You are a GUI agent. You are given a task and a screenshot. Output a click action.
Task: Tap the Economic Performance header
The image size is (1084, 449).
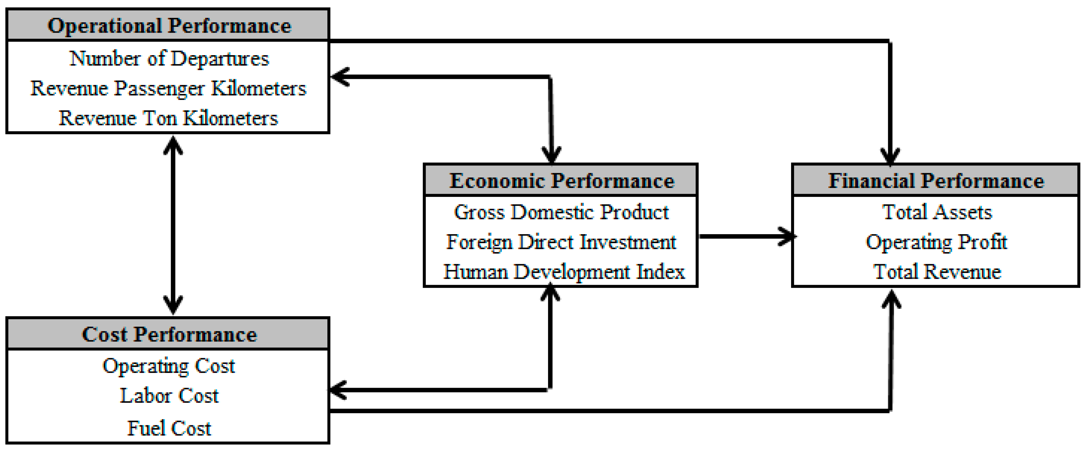coord(561,181)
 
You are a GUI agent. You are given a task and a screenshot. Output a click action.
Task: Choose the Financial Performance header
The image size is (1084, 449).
coord(936,181)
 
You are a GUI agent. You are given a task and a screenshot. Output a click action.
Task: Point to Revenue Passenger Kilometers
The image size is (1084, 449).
coord(168,88)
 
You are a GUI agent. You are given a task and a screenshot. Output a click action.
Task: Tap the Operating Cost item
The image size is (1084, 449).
coord(169,366)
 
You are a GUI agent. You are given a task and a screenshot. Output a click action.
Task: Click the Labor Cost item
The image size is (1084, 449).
coord(169,396)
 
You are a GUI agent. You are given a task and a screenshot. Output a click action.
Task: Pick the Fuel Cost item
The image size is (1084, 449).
coord(169,428)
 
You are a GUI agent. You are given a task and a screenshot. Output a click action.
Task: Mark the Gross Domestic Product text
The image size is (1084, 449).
coord(561,212)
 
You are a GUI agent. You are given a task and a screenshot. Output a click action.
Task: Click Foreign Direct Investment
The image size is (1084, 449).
coord(561,242)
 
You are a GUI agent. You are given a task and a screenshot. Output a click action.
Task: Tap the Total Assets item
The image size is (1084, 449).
coord(937,212)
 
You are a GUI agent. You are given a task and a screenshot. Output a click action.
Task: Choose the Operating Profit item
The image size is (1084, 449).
coord(936,242)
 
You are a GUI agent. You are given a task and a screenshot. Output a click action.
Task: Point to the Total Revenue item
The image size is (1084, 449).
coord(937,272)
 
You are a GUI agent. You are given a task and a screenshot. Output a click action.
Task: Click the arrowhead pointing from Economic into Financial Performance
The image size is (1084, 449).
coord(786,236)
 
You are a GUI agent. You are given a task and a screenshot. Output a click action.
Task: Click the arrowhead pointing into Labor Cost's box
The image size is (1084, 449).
coord(339,390)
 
